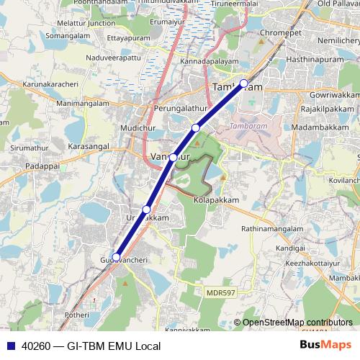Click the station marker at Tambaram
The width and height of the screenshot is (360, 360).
[244, 84]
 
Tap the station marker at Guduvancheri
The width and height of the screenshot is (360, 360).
[117, 256]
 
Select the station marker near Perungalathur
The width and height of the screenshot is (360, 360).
[195, 127]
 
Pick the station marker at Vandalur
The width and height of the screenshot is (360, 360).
[174, 156]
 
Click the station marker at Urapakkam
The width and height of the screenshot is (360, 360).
[146, 210]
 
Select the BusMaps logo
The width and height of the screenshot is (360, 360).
[325, 346]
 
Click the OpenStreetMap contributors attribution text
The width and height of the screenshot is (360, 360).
[297, 323]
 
